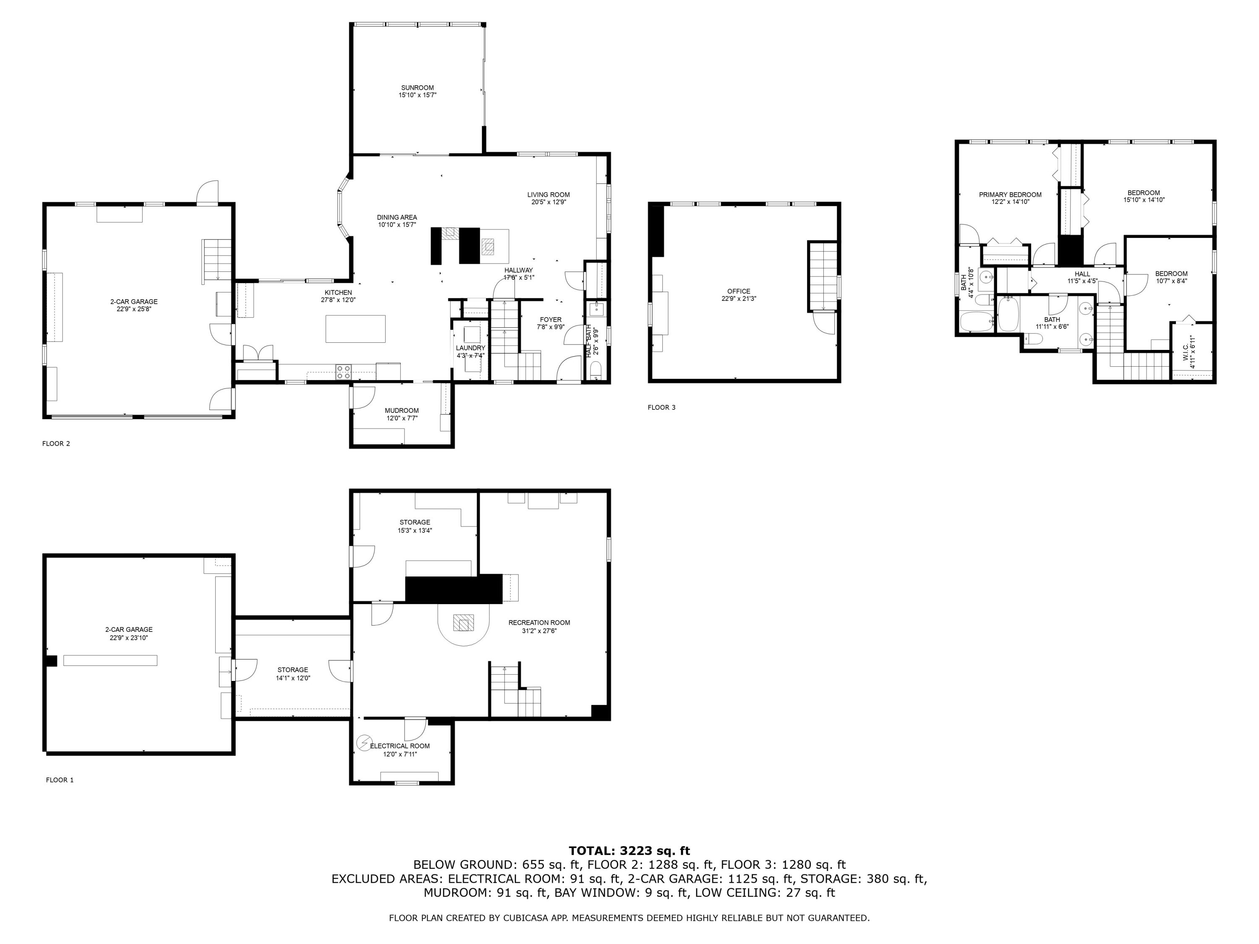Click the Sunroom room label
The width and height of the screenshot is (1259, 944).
417,88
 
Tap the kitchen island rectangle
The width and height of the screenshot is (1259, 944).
355,329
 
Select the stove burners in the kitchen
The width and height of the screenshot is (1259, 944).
343,372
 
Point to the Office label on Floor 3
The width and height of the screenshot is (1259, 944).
738,291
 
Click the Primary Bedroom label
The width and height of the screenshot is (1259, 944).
1010,195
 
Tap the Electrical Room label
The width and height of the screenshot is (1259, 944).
400,746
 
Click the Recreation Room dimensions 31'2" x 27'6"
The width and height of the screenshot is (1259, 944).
539,631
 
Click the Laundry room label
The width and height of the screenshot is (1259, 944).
470,348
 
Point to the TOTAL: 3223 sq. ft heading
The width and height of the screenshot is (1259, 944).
629,851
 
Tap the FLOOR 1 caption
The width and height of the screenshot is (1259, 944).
60,780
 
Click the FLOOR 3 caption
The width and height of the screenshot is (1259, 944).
661,407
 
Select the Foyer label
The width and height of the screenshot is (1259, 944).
550,320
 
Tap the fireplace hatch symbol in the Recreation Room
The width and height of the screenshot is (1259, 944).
463,623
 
